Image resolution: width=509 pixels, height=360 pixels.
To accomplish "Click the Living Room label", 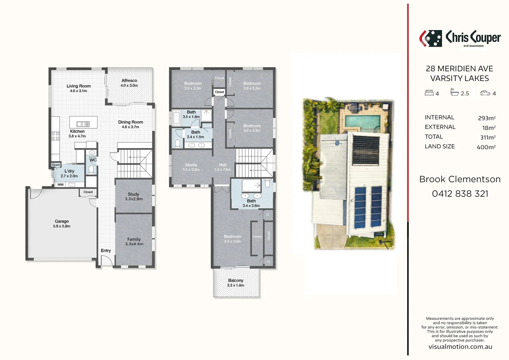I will [79, 86].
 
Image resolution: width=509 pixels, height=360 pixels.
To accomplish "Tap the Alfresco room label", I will [129, 81].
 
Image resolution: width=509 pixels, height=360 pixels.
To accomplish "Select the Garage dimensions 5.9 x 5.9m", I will [62, 226].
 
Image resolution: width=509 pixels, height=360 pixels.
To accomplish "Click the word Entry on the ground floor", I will [106, 251].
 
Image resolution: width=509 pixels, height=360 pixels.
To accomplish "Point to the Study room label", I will [133, 194].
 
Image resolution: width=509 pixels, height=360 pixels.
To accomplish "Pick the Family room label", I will [134, 239].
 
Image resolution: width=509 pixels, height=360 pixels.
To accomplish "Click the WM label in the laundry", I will [60, 185].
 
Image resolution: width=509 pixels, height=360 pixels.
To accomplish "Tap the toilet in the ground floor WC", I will [91, 170].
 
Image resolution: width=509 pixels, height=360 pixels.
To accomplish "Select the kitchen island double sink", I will [83, 124].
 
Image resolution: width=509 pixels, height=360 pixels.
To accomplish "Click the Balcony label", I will [236, 281].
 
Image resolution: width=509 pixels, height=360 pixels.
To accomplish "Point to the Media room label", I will [191, 165].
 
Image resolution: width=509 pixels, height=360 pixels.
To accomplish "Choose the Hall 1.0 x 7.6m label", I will [223, 167].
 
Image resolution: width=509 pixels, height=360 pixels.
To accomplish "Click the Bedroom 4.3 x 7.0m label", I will [233, 239].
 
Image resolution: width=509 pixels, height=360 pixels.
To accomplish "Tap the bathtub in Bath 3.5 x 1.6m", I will [177, 118].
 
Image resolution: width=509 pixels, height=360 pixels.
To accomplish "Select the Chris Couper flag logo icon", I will [430, 38].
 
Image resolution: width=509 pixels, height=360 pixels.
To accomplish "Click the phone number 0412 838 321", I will [460, 194].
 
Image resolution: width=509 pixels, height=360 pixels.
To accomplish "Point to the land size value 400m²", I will [486, 147].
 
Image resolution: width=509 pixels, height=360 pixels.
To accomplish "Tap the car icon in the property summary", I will [485, 93].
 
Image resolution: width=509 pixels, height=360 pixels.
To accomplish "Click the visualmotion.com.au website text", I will [460, 347].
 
